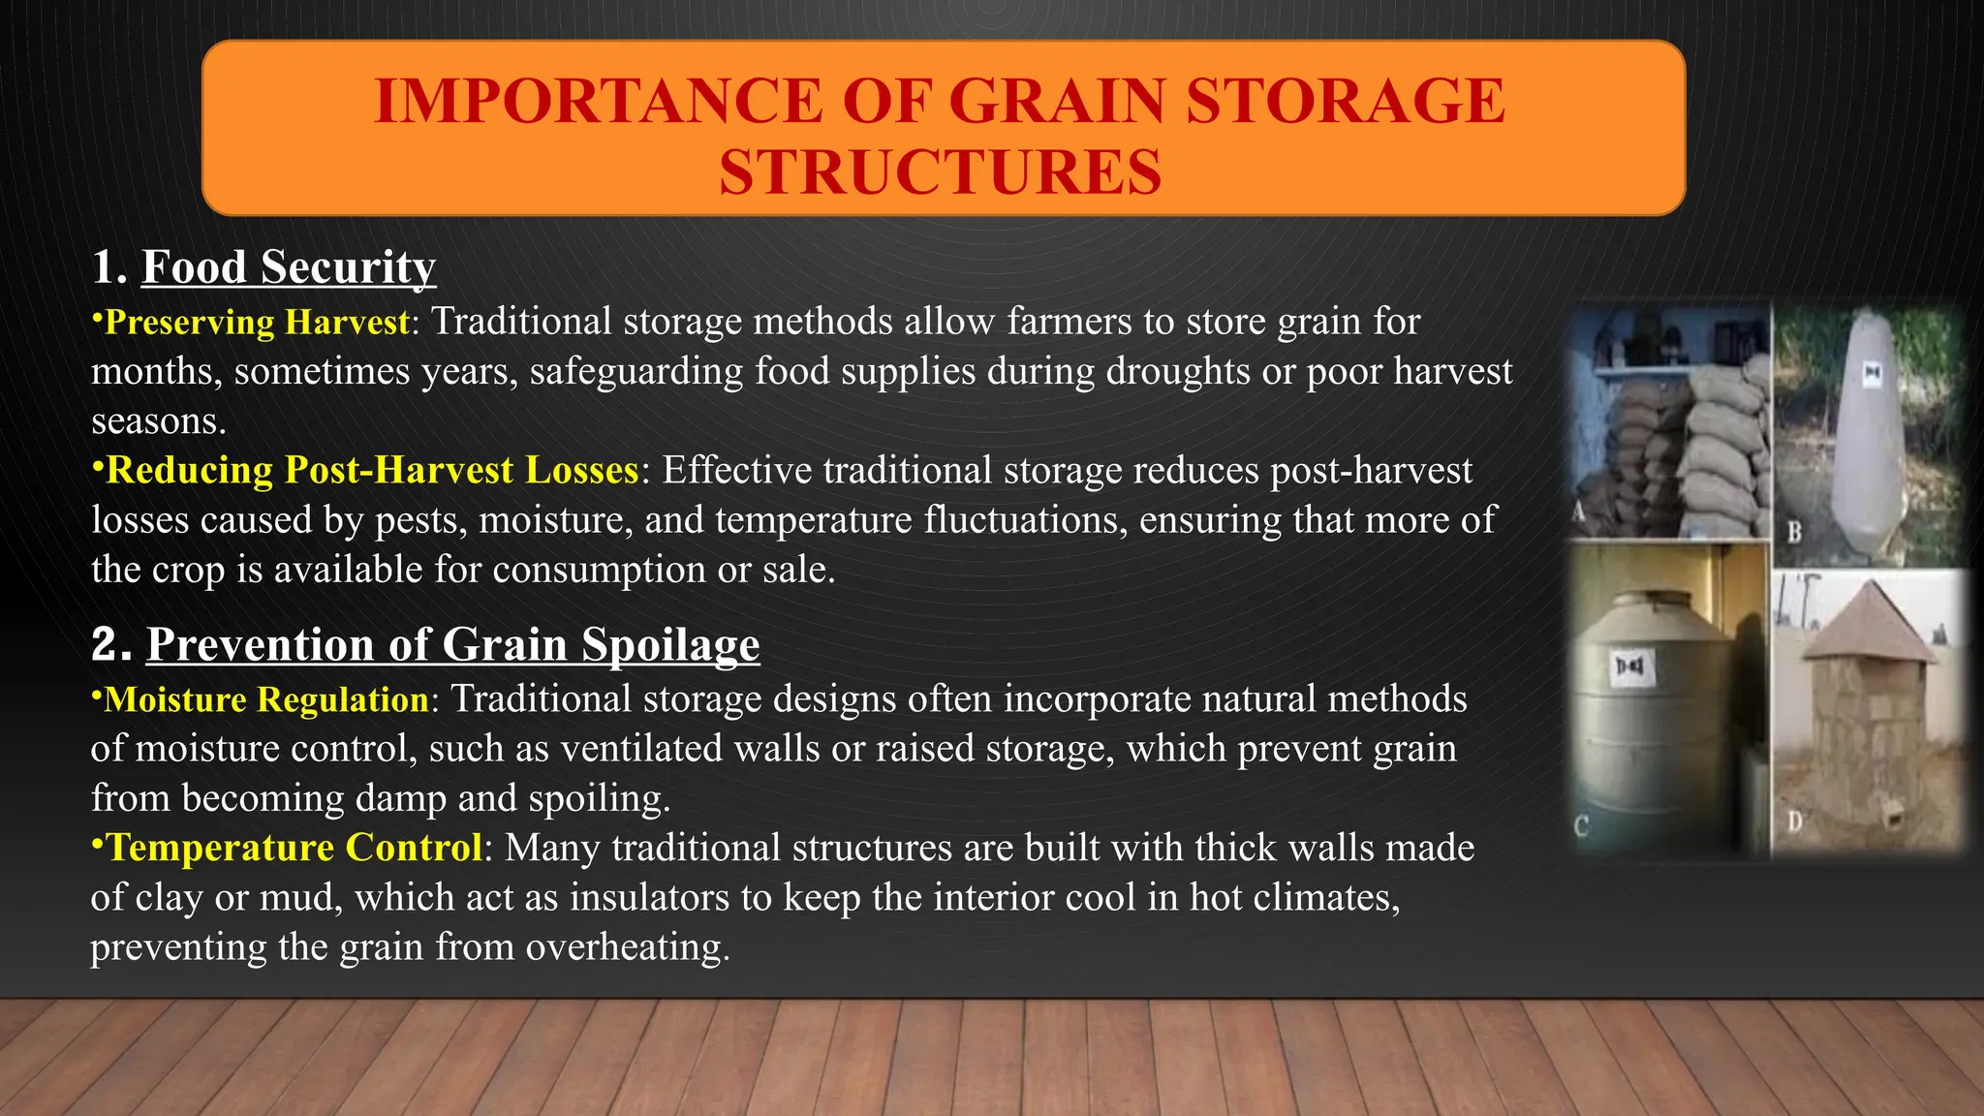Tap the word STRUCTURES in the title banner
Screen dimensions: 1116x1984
click(940, 172)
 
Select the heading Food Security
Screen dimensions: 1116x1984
click(289, 266)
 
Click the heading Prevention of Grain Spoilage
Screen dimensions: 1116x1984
click(452, 644)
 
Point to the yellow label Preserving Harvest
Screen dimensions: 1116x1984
click(257, 322)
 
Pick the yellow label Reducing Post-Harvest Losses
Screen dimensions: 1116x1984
click(372, 470)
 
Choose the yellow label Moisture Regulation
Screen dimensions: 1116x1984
click(265, 699)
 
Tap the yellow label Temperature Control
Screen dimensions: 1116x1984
click(294, 848)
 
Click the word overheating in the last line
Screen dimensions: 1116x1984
click(627, 946)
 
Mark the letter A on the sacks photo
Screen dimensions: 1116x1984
click(1579, 511)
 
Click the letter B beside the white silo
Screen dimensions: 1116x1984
click(1794, 531)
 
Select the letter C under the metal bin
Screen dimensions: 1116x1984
click(1581, 826)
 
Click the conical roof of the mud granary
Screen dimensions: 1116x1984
click(1868, 624)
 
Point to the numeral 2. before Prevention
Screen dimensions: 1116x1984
click(110, 644)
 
